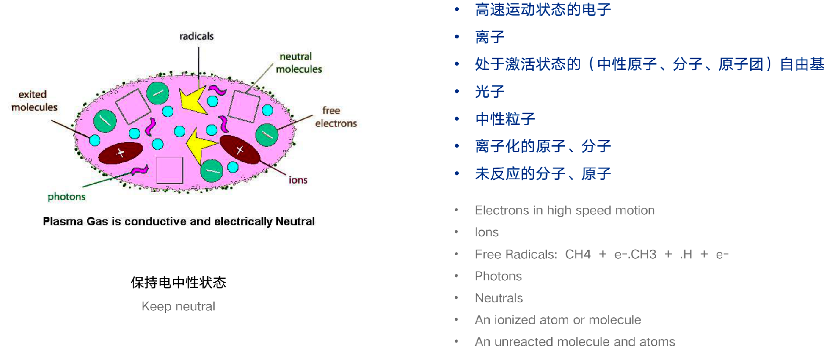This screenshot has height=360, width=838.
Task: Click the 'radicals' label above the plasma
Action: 196,36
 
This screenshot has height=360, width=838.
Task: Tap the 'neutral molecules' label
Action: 299,63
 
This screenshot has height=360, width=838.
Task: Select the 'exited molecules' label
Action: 34,101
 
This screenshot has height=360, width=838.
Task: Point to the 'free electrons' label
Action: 335,117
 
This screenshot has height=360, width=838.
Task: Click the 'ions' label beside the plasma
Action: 298,180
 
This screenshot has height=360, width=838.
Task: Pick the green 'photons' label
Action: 66,197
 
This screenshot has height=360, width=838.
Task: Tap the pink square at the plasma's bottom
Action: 169,170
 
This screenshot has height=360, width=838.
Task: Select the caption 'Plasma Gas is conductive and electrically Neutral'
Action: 179,222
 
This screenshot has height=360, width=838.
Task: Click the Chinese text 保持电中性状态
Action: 178,283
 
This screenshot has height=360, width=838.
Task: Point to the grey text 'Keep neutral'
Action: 178,306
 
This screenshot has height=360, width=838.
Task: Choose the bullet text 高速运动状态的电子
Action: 543,10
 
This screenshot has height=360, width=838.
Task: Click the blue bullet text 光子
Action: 489,92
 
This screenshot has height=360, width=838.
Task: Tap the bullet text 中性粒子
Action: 505,119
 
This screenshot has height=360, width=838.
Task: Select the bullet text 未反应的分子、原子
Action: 543,174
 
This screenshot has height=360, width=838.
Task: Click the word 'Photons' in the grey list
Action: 498,276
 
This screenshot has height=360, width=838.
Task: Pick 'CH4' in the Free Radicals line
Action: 577,254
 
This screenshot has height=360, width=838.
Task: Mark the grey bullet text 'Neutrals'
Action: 498,298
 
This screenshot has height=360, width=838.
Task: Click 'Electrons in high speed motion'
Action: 564,210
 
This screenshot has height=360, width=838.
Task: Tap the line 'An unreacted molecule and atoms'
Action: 574,342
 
